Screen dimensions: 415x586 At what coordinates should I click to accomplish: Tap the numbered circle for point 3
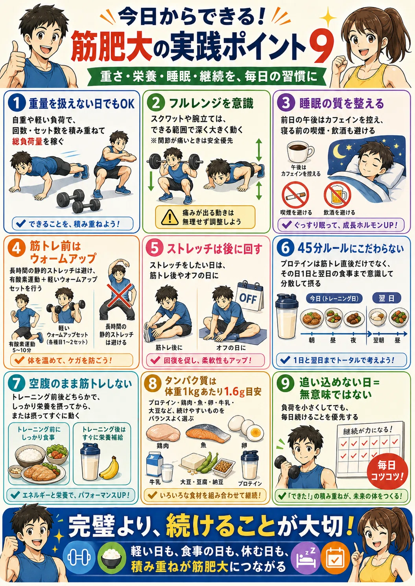286,103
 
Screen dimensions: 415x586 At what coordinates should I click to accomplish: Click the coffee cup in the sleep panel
300,152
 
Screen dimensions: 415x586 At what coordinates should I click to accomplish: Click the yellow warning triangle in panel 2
170,217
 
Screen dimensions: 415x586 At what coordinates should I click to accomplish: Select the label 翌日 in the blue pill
386,298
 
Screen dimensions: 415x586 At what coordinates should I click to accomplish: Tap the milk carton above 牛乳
155,464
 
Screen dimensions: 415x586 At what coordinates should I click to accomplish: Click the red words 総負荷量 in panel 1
27,141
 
